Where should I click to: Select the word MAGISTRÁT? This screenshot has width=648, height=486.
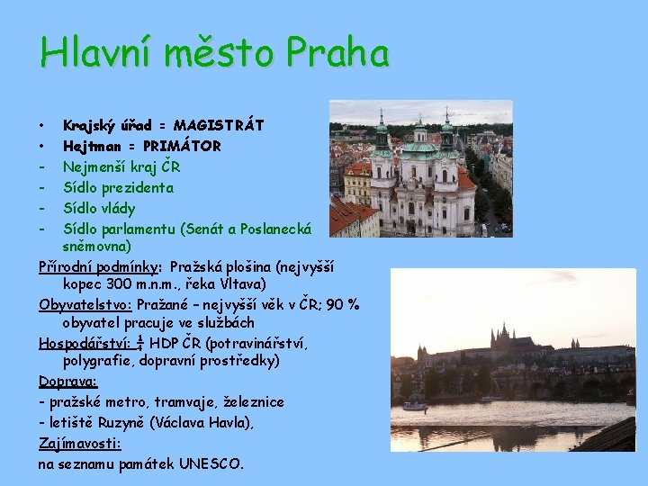tap(219, 124)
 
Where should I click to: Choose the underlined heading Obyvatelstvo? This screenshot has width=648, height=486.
tap(85, 304)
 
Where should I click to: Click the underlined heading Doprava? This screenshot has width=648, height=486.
tap(68, 382)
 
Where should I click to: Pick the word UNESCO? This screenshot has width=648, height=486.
tap(211, 464)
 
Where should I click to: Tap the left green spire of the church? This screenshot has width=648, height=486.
tap(382, 130)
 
